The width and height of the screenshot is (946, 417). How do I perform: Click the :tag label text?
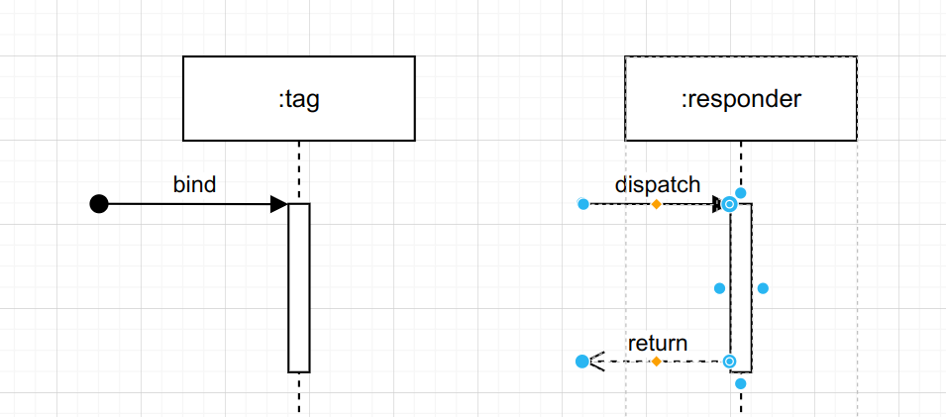click(x=298, y=99)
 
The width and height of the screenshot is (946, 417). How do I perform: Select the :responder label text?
click(x=740, y=99)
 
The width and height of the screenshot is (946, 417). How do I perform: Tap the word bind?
click(x=194, y=184)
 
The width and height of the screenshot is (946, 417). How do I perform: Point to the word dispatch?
click(x=658, y=184)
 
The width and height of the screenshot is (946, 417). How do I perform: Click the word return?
click(x=658, y=344)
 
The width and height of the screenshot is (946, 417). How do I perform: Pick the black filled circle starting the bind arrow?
click(x=99, y=204)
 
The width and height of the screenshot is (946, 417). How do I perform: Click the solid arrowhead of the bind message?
click(x=278, y=204)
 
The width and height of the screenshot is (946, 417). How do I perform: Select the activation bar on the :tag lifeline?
click(x=299, y=287)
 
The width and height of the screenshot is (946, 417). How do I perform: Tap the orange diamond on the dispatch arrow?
click(x=656, y=204)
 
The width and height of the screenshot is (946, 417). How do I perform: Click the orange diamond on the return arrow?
click(x=656, y=362)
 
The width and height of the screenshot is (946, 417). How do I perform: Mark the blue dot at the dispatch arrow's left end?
click(x=582, y=204)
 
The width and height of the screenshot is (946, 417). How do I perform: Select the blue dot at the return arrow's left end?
click(x=581, y=362)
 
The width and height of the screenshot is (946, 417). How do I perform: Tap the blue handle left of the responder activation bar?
click(x=720, y=288)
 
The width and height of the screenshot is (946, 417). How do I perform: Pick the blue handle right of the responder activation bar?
click(x=763, y=288)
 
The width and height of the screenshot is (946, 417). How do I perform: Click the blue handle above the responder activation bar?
click(x=741, y=193)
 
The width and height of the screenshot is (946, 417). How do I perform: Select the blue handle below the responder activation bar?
click(x=741, y=383)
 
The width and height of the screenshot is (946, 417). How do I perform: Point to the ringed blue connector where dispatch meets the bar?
click(x=730, y=204)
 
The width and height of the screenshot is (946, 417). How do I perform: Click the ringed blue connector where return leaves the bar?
click(x=730, y=362)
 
